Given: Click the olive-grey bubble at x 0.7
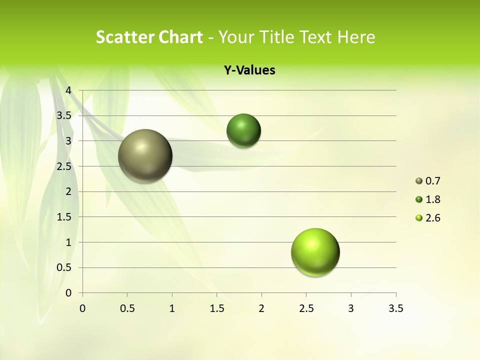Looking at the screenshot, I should pyautogui.click(x=145, y=155).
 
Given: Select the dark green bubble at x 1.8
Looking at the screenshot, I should pyautogui.click(x=243, y=130).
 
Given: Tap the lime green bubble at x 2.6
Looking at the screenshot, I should pyautogui.click(x=315, y=252).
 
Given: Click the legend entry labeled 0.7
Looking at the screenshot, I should pyautogui.click(x=428, y=181).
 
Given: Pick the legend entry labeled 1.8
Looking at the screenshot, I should pyautogui.click(x=428, y=199).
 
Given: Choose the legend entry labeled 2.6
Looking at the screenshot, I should pyautogui.click(x=428, y=218).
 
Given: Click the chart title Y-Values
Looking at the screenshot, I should pyautogui.click(x=249, y=70).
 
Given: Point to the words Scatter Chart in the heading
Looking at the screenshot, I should pyautogui.click(x=149, y=37).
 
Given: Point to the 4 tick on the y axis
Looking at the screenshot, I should pyautogui.click(x=69, y=90).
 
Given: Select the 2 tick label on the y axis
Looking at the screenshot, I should pyautogui.click(x=69, y=191).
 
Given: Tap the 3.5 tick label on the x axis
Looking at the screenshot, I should pyautogui.click(x=395, y=308).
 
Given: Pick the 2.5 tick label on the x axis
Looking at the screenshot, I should pyautogui.click(x=306, y=308).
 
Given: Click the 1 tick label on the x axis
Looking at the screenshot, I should pyautogui.click(x=172, y=308).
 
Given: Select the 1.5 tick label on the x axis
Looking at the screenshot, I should pyautogui.click(x=216, y=308).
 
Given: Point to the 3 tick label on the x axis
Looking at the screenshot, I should pyautogui.click(x=351, y=308).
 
